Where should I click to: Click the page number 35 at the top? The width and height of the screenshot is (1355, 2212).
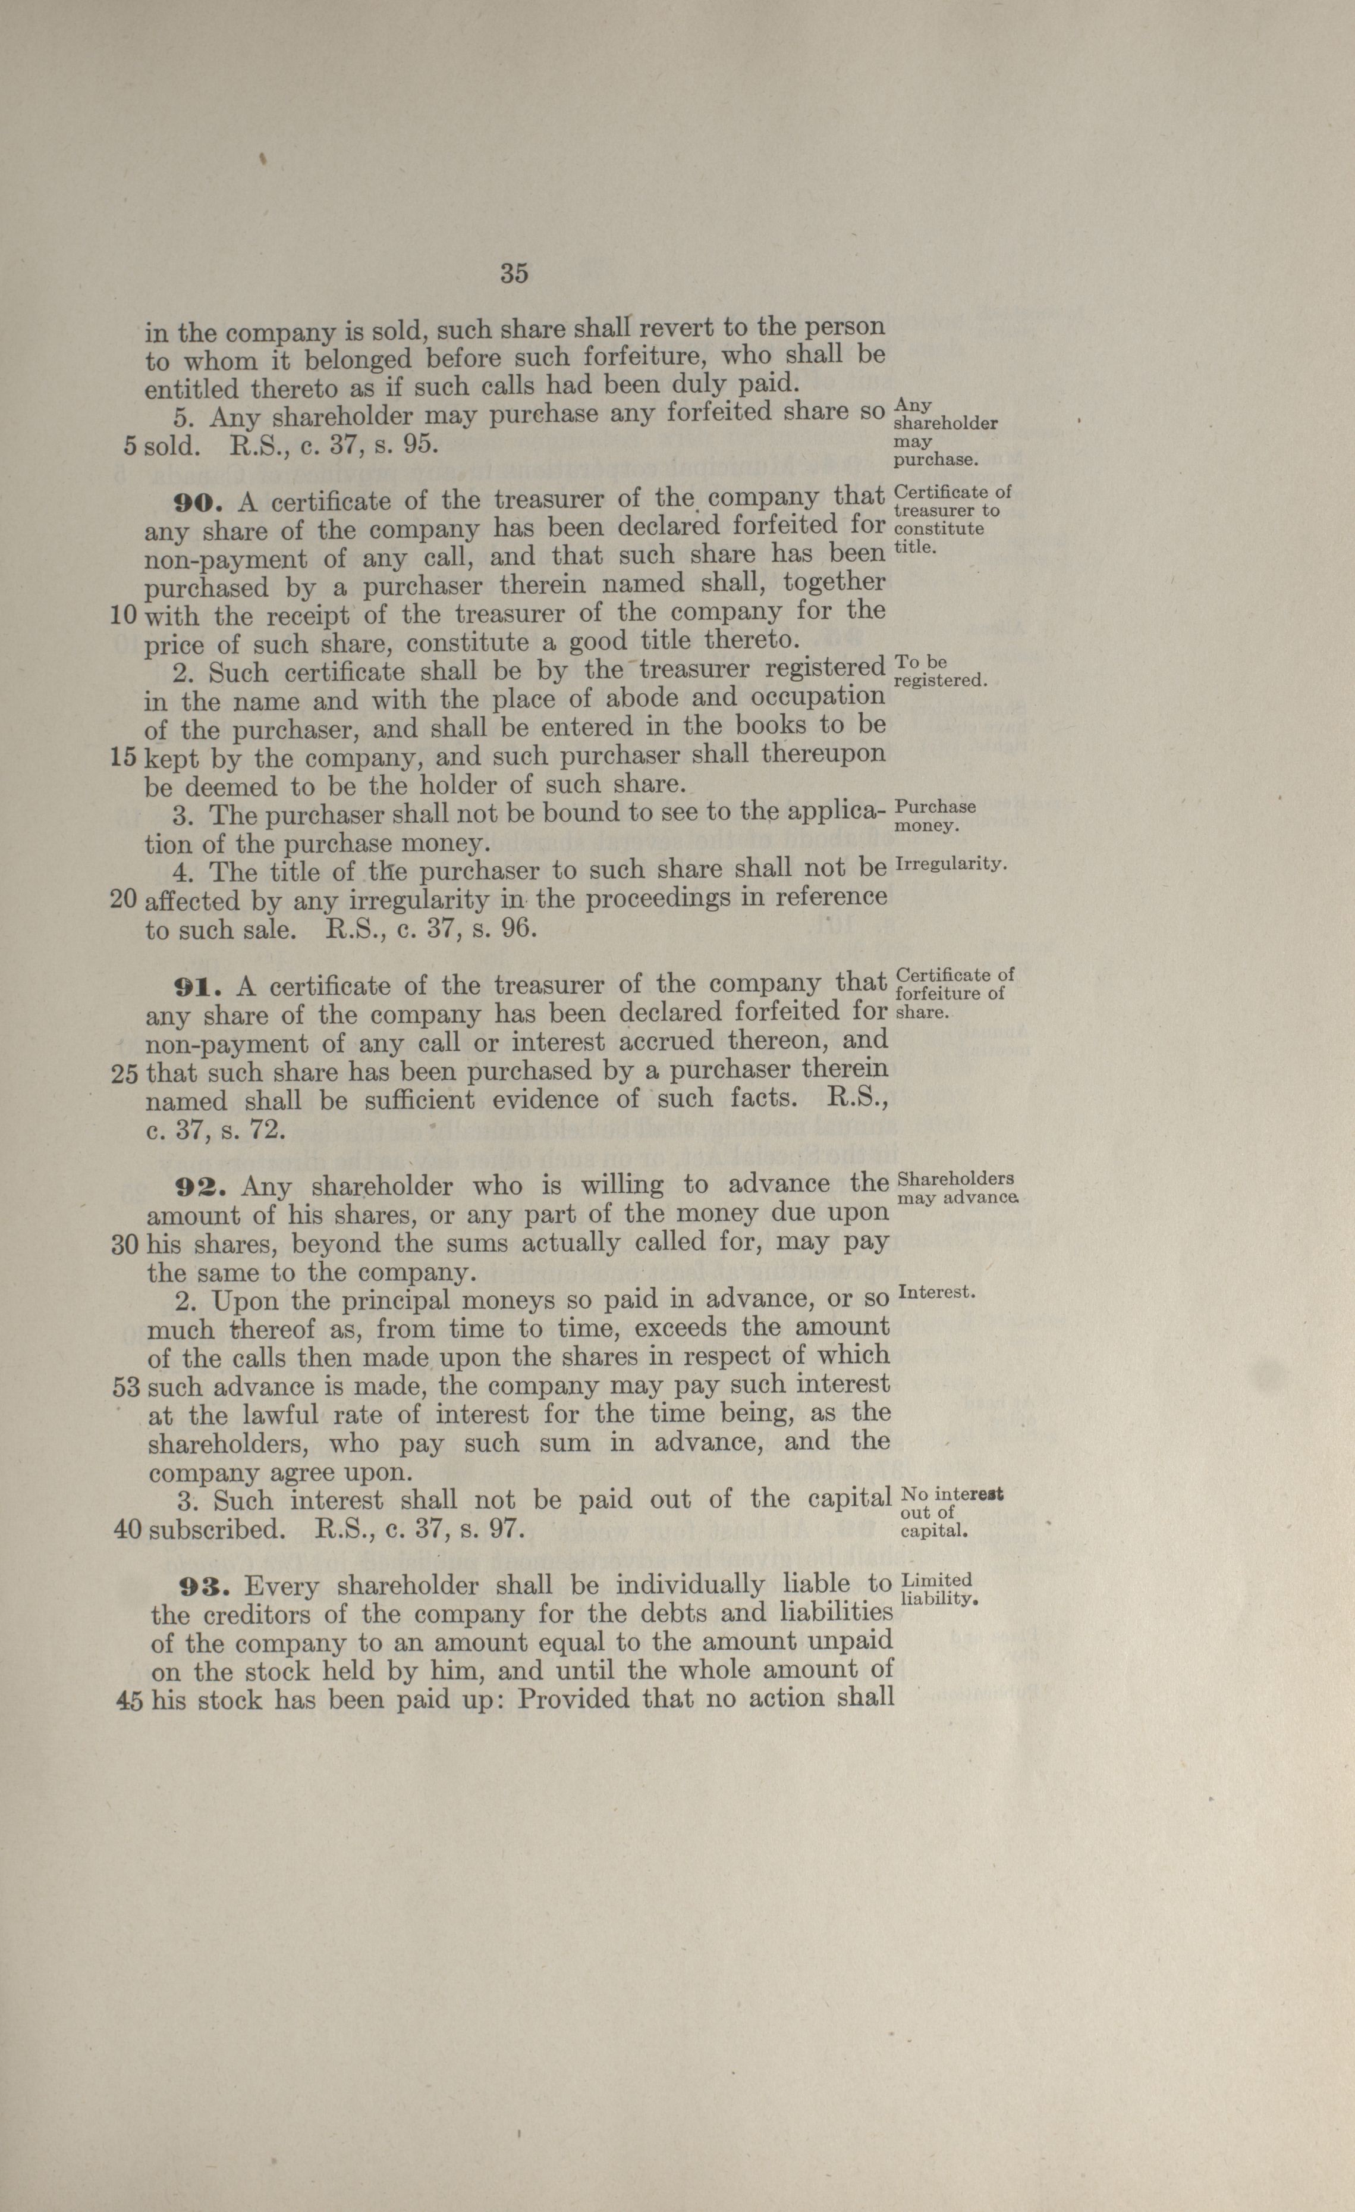click(x=514, y=274)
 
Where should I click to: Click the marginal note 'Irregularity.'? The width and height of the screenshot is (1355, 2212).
click(x=952, y=864)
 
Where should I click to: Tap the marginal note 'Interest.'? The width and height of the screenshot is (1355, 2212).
click(x=936, y=1293)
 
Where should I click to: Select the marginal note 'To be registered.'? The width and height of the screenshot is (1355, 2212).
click(x=941, y=672)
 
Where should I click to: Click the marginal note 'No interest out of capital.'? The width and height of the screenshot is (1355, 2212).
click(x=950, y=1513)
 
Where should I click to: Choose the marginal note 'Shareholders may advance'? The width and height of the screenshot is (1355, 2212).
click(x=957, y=1188)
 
